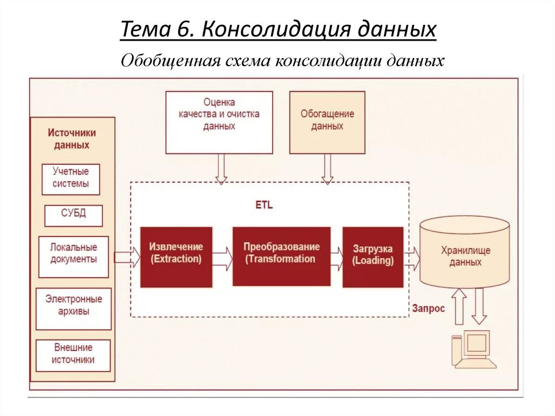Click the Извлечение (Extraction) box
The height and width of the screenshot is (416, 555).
(x=176, y=257)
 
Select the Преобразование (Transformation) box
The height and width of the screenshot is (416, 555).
(x=281, y=256)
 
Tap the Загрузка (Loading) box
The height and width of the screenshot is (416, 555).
(x=373, y=257)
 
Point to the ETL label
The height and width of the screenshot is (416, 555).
(x=264, y=206)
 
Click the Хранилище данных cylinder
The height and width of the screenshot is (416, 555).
(x=465, y=253)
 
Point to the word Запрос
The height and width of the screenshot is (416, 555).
(x=428, y=309)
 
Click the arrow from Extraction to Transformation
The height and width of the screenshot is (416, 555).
(x=222, y=258)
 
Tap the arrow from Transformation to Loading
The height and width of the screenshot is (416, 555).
(x=337, y=258)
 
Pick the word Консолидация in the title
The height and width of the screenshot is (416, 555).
(x=277, y=29)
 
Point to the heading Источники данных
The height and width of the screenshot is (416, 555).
(x=72, y=139)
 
